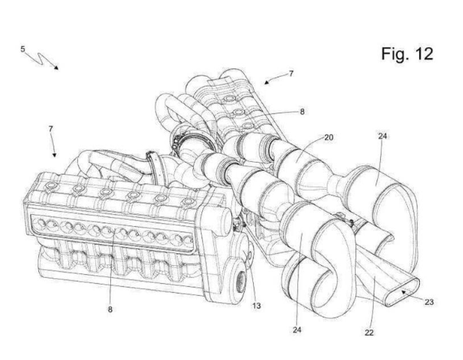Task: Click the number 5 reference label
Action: click(x=23, y=49)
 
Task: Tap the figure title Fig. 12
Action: click(x=407, y=54)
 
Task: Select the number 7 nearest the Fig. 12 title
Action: click(x=291, y=73)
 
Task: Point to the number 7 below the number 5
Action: click(x=51, y=129)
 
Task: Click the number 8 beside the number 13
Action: click(x=110, y=310)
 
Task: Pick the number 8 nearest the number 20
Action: click(x=302, y=112)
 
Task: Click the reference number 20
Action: click(x=328, y=137)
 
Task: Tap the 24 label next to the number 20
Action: click(x=382, y=136)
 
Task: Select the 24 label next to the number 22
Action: click(x=297, y=330)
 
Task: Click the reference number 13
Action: click(x=257, y=306)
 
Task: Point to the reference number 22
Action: click(x=369, y=333)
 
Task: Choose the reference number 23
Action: click(x=429, y=302)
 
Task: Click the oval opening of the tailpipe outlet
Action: click(x=402, y=292)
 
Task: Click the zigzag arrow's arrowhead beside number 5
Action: click(x=56, y=68)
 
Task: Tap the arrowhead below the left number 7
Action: click(x=54, y=155)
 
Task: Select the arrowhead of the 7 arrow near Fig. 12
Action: click(x=266, y=82)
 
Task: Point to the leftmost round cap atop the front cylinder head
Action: click(x=51, y=186)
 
